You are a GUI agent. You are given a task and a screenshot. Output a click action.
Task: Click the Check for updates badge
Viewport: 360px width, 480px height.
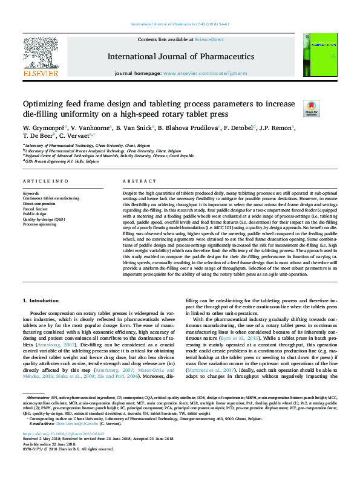pyautogui.click(x=311, y=109)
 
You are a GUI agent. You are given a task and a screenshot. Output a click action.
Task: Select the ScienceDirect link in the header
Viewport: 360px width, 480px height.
pyautogui.click(x=209, y=39)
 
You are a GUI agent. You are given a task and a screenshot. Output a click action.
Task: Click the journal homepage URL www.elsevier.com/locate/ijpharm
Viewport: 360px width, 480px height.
pyautogui.click(x=203, y=73)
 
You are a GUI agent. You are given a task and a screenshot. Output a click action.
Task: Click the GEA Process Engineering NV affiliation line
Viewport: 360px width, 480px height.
pyautogui.click(x=61, y=162)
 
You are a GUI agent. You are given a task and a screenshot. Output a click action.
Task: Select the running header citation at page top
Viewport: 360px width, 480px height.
pyautogui.click(x=180, y=24)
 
